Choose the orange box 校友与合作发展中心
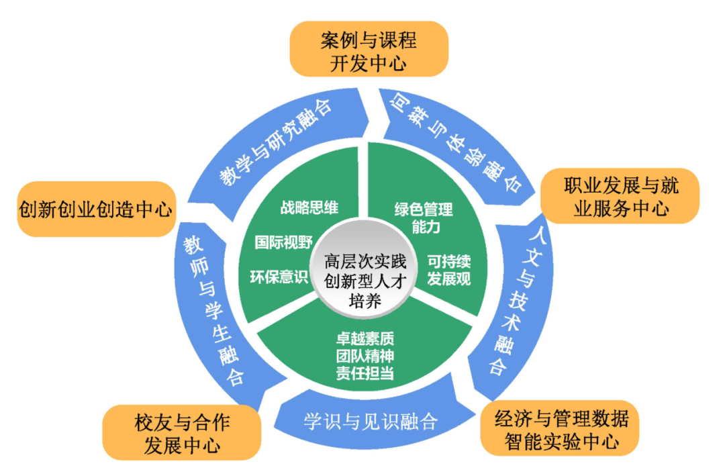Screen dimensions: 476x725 [x=181, y=433]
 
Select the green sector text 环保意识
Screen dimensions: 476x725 [x=278, y=275]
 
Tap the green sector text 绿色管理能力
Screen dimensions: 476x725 [x=424, y=218]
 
